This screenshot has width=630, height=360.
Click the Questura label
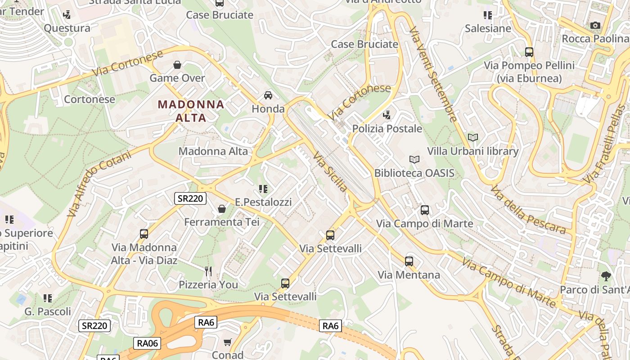click(x=67, y=28)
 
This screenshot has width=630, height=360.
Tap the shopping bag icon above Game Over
click(x=177, y=65)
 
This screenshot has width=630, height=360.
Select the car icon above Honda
click(x=268, y=95)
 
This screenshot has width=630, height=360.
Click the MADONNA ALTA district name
click(x=191, y=111)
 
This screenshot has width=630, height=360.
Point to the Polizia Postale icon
click(x=387, y=115)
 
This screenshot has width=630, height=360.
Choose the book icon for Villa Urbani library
click(x=472, y=137)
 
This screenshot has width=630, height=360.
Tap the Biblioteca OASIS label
click(x=414, y=173)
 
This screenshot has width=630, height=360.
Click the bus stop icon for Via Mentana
click(x=409, y=261)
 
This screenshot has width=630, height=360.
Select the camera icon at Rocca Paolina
click(x=595, y=26)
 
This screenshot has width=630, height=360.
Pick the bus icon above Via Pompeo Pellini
click(x=529, y=52)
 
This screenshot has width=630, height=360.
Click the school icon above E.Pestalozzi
click(x=263, y=189)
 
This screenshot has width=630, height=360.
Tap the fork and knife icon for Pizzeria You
click(x=208, y=271)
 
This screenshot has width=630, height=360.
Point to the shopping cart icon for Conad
click(x=228, y=342)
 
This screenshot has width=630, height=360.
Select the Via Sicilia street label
click(x=330, y=171)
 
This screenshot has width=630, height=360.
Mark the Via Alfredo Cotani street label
click(x=99, y=183)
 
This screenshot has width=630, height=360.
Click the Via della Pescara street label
click(x=527, y=210)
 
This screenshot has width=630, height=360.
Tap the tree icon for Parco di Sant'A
click(x=606, y=276)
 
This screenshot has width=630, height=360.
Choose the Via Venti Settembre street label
click(x=433, y=73)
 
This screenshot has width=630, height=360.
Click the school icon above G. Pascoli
click(x=48, y=298)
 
